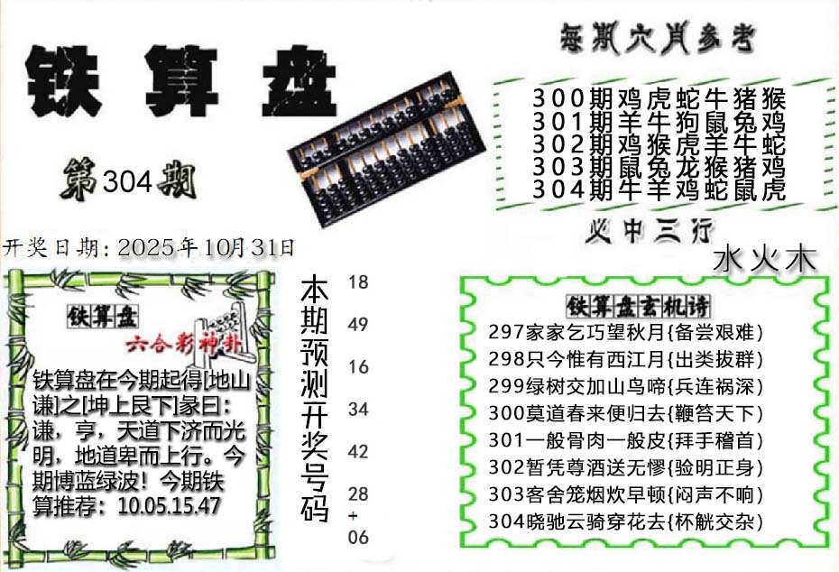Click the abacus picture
tap(386, 148)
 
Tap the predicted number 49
tap(358, 324)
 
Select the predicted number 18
tap(358, 282)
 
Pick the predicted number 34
tap(358, 410)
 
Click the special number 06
tap(358, 537)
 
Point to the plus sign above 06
tap(353, 516)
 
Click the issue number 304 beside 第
tap(127, 182)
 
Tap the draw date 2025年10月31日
tap(206, 248)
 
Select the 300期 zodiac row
tap(659, 99)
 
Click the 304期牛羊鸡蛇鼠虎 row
tap(659, 190)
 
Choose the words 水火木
tap(764, 260)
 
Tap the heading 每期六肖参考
tap(658, 39)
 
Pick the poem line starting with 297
tap(625, 332)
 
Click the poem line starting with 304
tap(625, 521)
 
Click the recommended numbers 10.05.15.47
tap(169, 505)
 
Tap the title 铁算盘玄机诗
tap(638, 307)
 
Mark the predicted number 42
tap(358, 452)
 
